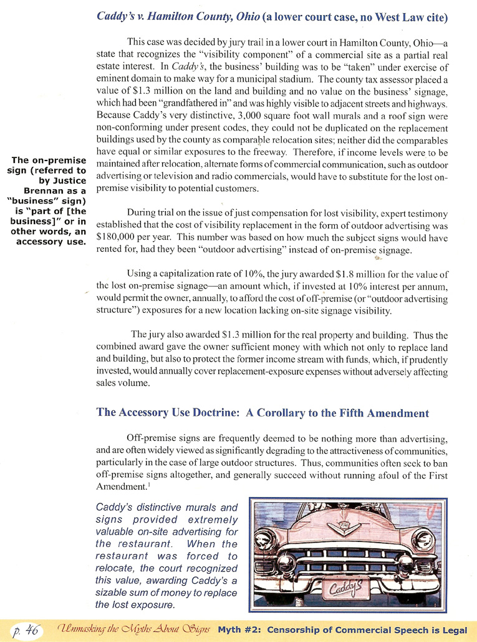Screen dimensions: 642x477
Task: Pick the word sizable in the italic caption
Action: tap(113, 593)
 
